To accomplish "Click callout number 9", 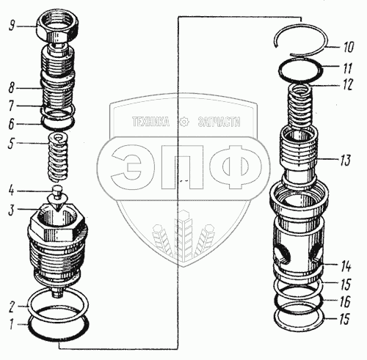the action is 12,26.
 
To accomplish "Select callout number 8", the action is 12,87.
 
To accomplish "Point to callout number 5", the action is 11,143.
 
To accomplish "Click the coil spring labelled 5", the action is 58,157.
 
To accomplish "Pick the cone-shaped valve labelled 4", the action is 57,196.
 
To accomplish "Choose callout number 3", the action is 11,210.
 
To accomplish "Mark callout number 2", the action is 11,307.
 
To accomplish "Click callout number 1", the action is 10,326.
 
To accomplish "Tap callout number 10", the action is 348,47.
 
